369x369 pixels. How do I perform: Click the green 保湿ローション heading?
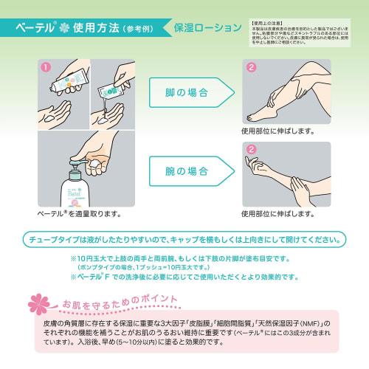(207, 30)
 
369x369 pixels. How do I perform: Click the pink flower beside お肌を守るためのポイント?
(38, 303)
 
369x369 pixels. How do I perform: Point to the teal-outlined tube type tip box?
(184, 240)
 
